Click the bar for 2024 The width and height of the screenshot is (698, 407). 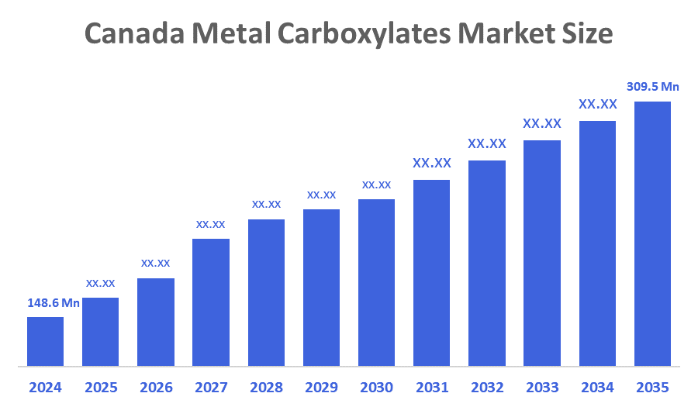coord(45,341)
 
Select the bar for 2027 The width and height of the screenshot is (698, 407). coord(211,302)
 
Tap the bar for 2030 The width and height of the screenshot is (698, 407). coord(376,282)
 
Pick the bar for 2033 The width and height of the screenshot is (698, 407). coord(542,253)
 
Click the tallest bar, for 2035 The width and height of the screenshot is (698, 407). coord(652,233)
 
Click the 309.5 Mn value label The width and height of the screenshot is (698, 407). coord(652,87)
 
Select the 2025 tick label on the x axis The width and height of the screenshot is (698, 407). coord(100,387)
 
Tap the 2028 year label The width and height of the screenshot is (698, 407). coord(266,387)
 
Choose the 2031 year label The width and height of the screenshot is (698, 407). coord(432,387)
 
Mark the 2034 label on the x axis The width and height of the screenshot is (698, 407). coord(597,387)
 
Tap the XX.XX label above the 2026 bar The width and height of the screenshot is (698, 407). coord(155,263)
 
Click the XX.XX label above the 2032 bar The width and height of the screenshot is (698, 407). coord(487,143)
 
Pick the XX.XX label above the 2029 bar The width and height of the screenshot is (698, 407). coord(321,195)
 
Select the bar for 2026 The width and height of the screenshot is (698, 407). coord(155,322)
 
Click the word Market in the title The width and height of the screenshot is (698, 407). coord(506,34)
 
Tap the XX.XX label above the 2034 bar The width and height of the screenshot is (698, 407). coord(597,104)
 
